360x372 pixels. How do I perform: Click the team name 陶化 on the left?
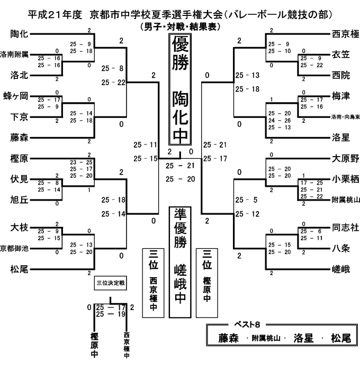click(x=20, y=35)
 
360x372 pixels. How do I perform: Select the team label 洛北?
click(x=20, y=74)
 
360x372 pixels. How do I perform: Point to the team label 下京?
click(x=20, y=117)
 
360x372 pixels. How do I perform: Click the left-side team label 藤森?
click(x=20, y=138)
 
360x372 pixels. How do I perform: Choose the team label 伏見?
click(x=20, y=179)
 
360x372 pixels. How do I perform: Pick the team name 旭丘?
click(x=20, y=200)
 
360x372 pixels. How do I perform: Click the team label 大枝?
click(x=20, y=228)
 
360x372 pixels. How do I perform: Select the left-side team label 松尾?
click(x=20, y=269)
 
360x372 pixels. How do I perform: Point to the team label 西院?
click(x=341, y=75)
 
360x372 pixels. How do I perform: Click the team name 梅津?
click(x=341, y=96)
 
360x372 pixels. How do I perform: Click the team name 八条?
click(x=341, y=248)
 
